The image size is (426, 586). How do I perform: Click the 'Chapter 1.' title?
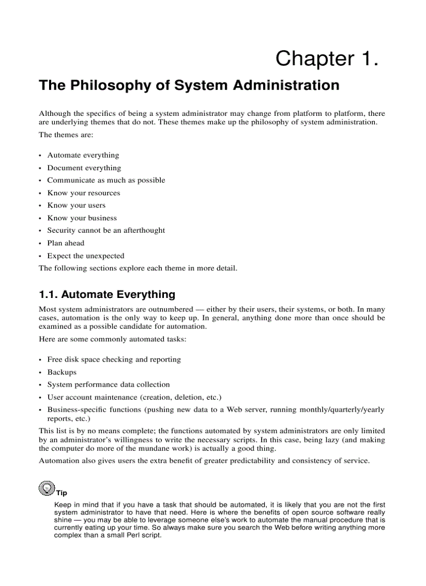pos(327,58)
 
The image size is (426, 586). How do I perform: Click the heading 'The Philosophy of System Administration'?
pos(189,86)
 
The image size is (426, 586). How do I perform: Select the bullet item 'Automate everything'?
pos(83,155)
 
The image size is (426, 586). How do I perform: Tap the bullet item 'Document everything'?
pos(84,168)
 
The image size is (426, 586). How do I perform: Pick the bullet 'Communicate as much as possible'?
pos(106,180)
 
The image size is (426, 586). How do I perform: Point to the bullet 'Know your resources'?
pos(84,193)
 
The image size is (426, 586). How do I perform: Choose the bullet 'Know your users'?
pos(76,205)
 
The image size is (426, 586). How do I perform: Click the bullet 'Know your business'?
pos(82,218)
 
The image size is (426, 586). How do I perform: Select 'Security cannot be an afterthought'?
pos(106,230)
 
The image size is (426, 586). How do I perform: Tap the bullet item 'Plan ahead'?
pos(66,243)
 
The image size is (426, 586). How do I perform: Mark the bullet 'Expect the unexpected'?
pos(86,256)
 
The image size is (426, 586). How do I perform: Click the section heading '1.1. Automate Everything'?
pos(107,294)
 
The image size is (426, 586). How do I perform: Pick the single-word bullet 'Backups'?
pos(62,372)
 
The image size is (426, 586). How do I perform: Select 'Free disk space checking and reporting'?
pos(114,359)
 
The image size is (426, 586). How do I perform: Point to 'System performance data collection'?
pos(108,384)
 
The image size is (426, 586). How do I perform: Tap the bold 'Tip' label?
pos(62,493)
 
